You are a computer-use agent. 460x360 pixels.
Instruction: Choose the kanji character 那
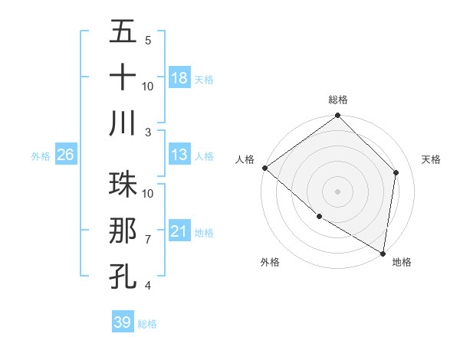point(123,231)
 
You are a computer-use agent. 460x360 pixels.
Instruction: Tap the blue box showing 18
point(179,77)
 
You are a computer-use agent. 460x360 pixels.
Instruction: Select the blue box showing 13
point(179,155)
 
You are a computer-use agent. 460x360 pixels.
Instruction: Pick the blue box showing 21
point(179,231)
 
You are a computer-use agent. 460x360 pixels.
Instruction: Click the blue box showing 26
point(66,155)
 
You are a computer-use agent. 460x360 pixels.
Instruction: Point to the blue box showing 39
point(123,322)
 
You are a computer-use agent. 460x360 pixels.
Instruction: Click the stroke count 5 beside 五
point(148,40)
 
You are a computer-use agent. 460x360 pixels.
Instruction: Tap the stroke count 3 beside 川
point(148,132)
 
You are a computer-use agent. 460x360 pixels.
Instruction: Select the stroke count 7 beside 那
point(148,240)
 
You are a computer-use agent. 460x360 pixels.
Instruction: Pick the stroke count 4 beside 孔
point(148,286)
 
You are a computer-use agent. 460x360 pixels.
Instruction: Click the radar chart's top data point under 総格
point(337,116)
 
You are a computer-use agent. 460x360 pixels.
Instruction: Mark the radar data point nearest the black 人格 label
point(264,168)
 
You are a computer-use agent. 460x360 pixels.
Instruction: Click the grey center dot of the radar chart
point(337,191)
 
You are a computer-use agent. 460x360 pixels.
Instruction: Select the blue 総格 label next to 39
point(147,324)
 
